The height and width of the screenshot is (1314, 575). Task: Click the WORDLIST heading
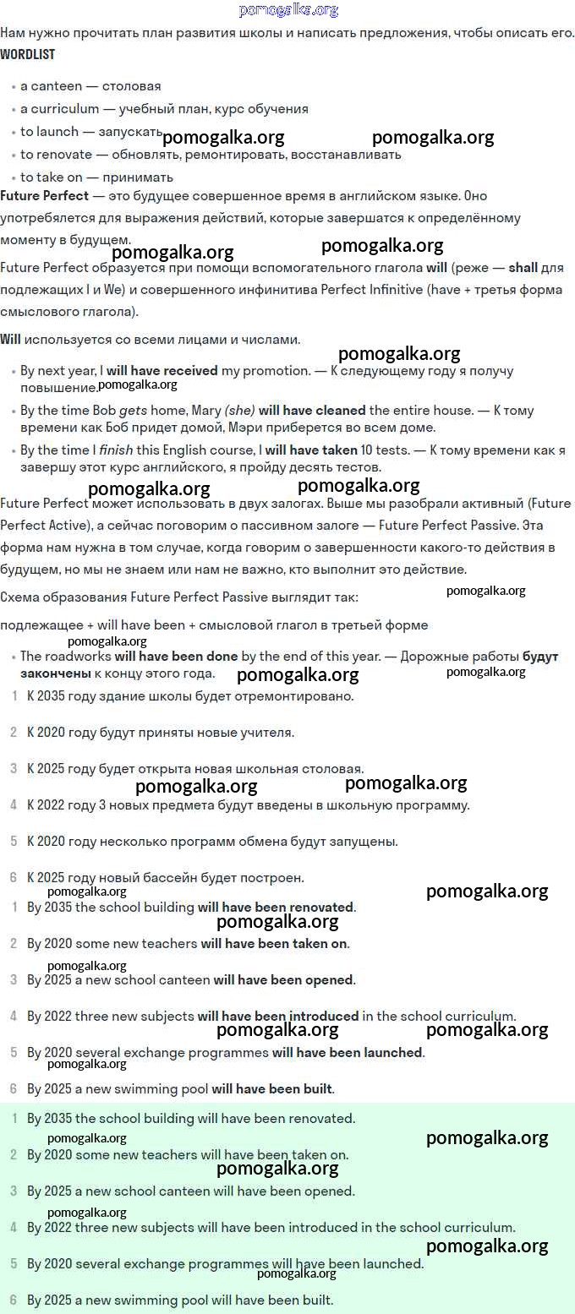pos(27,55)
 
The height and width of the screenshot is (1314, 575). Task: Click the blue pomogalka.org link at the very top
pos(288,10)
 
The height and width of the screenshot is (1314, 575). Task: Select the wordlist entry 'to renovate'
pos(56,155)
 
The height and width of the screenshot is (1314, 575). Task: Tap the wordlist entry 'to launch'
pos(49,132)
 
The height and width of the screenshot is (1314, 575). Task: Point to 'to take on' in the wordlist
pos(53,177)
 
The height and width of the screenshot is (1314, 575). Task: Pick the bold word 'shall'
pos(523,268)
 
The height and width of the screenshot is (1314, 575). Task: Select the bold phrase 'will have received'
pos(162,371)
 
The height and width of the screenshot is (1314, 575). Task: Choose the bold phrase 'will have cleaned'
pos(312,411)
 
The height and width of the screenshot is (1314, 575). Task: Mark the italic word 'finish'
pos(117,450)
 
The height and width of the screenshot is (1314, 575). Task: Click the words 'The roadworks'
pos(65,657)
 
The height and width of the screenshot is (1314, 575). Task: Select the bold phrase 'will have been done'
pos(176,657)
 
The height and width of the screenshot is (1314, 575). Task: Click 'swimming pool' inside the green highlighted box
pos(168,1300)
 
